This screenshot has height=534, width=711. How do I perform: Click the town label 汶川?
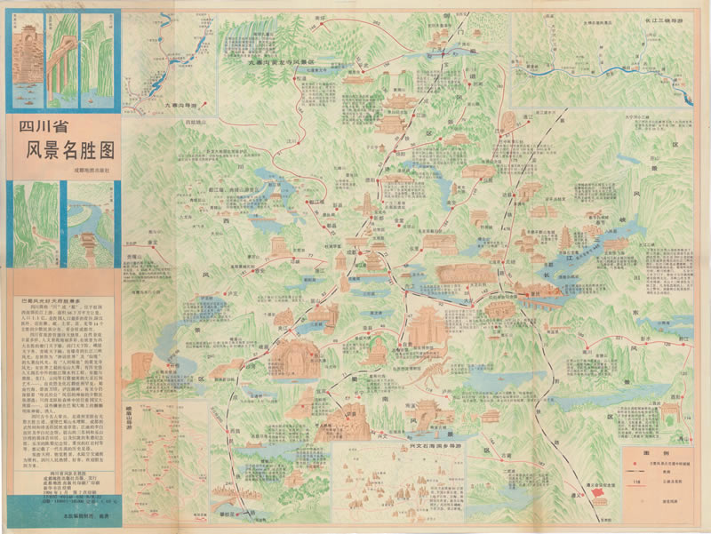[291, 142]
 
